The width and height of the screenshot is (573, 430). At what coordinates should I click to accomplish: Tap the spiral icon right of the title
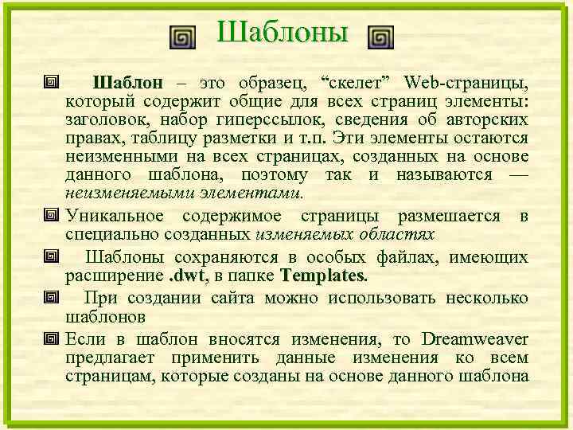(x=381, y=37)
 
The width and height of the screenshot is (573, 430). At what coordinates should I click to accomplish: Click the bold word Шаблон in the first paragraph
(x=128, y=82)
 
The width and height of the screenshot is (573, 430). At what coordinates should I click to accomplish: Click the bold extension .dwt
(x=184, y=276)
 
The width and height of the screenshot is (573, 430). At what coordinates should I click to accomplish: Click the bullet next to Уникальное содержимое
(x=53, y=216)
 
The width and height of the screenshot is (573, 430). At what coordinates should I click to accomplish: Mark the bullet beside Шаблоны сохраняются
(x=53, y=256)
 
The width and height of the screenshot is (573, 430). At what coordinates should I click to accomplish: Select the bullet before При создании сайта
(x=53, y=297)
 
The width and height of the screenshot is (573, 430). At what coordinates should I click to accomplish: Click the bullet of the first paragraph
(x=53, y=82)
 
